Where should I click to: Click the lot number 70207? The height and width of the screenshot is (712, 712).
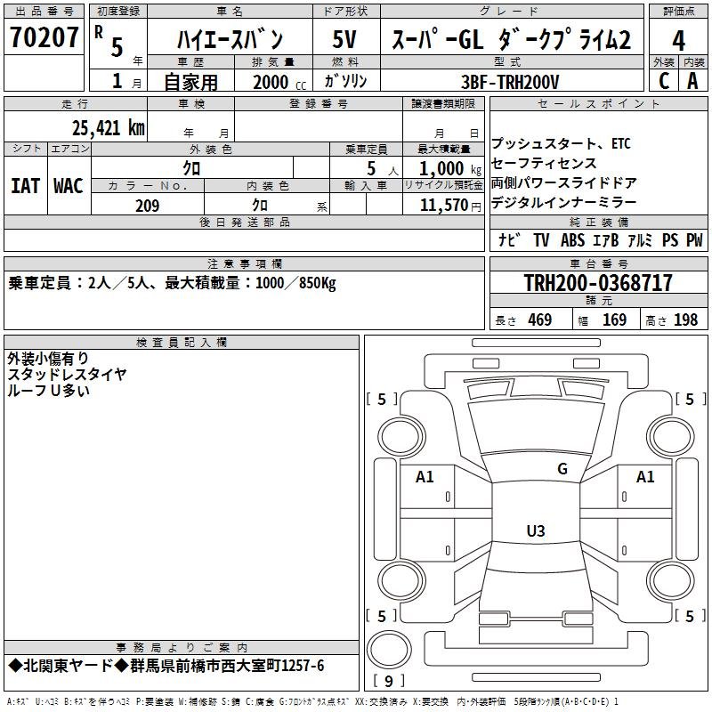(x=44, y=37)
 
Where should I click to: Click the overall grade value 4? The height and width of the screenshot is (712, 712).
(x=678, y=41)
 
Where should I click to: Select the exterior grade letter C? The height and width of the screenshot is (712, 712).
(x=664, y=81)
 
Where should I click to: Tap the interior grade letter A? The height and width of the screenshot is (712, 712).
(x=692, y=81)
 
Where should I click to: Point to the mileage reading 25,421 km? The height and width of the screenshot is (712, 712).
(x=108, y=128)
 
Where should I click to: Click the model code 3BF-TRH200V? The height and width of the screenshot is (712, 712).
(x=510, y=82)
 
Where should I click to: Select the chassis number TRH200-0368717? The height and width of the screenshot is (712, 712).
(x=598, y=283)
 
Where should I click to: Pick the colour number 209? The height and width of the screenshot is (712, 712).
(x=148, y=206)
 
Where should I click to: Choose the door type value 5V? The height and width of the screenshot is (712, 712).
(x=344, y=39)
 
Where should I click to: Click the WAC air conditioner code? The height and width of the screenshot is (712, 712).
(x=69, y=186)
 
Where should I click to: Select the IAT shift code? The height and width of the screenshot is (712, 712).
(x=25, y=186)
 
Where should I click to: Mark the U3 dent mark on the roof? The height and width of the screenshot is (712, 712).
(x=536, y=530)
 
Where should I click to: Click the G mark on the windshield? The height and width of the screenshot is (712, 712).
(x=562, y=469)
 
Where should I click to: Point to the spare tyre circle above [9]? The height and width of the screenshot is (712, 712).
(x=389, y=650)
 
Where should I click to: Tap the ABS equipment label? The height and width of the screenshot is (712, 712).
(x=572, y=239)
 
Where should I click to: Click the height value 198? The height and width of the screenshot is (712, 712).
(x=685, y=320)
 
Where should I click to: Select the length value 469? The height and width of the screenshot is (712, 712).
(x=540, y=320)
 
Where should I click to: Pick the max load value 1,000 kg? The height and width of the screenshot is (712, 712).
(x=450, y=169)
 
